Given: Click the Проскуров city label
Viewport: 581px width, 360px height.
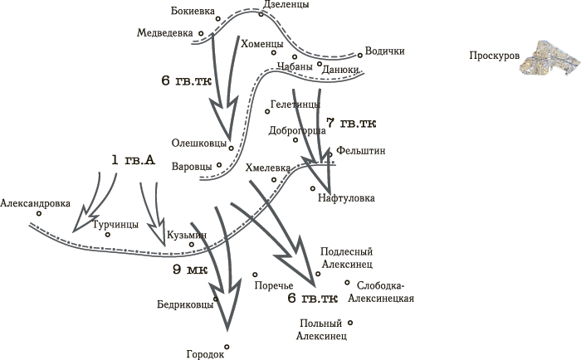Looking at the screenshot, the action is pos(495,56).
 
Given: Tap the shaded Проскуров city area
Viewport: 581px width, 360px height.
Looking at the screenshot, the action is pos(549,58).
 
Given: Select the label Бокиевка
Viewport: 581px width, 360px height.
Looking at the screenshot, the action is pos(193,11).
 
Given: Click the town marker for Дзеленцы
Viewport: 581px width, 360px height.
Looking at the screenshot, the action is pos(261,14).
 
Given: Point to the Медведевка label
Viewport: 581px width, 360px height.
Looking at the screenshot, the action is pos(165,33).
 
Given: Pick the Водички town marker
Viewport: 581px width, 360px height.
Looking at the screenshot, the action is pos(359,56).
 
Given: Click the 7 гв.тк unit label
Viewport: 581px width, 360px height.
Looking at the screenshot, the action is pos(351,123).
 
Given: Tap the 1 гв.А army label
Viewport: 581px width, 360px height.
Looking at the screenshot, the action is pos(133,160).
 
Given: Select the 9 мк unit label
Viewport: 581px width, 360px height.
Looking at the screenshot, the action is pos(190,270).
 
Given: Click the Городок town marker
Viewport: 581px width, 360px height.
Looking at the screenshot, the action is pos(227,347).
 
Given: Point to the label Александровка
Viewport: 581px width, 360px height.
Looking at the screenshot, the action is pos(35,203).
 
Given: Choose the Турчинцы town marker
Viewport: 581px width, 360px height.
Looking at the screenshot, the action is pos(107,235).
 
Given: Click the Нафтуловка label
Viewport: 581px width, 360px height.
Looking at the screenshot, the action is pos(346,198).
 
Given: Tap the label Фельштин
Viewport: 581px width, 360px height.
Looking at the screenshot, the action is pos(360,151).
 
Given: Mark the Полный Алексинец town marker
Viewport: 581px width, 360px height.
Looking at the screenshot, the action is pos(350,323).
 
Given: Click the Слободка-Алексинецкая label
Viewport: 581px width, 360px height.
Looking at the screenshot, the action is pos(381,292).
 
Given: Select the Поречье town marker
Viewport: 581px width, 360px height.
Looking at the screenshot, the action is pos(255,275).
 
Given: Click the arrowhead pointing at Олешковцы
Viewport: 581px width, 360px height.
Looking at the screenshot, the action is pos(224,119).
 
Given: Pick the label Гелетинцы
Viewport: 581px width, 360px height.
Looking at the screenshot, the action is pos(295,105).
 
